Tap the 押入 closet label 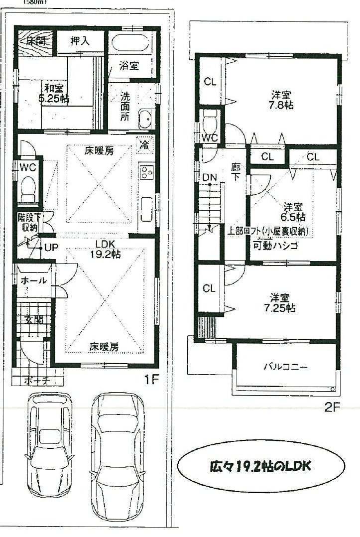pos(80,41)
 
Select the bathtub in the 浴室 pos(131,43)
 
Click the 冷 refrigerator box pos(144,145)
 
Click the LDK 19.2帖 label pos(105,248)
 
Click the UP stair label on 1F pos(51,247)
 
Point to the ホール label pos(34,280)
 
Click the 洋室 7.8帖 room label pos(281,100)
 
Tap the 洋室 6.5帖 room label pos(294,212)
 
